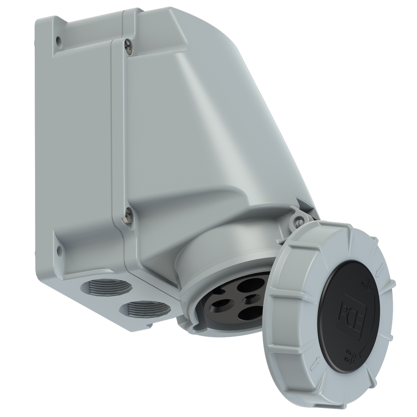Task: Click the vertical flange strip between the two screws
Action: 118,132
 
